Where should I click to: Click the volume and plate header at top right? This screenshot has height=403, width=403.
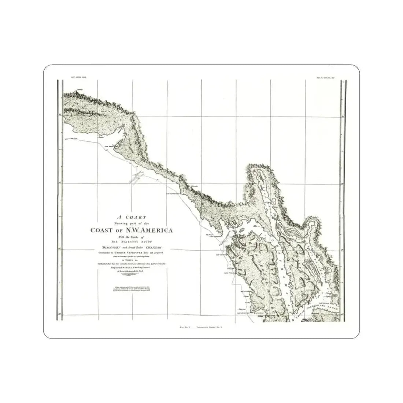pos(325,78)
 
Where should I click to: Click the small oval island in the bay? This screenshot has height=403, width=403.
pos(242,231)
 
